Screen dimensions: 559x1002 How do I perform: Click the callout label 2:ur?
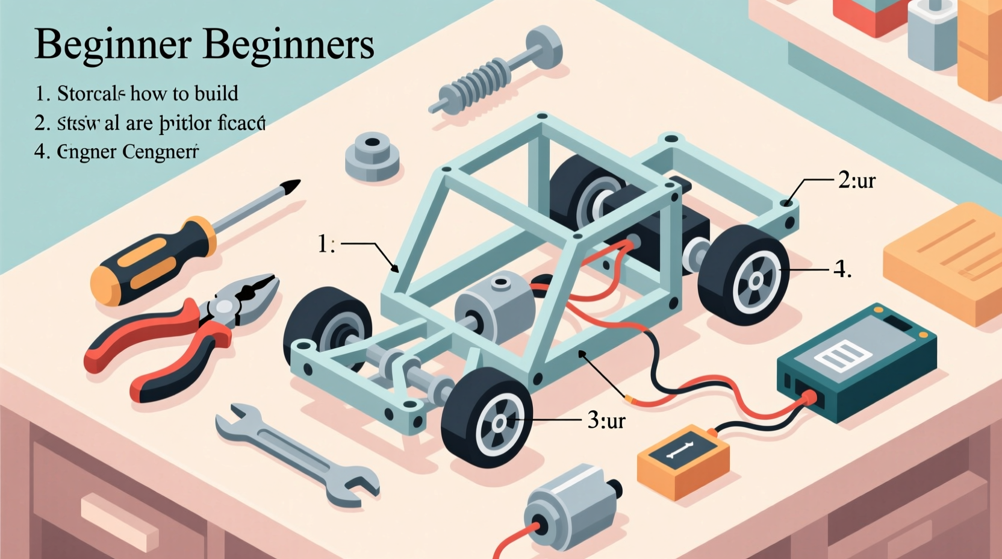tap(856, 180)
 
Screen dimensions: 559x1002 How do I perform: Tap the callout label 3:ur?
tap(606, 420)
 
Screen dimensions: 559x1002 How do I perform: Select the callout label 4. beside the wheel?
tap(842, 270)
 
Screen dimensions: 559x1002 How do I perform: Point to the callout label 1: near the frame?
tap(326, 244)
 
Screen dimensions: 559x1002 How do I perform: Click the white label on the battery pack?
tap(842, 355)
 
